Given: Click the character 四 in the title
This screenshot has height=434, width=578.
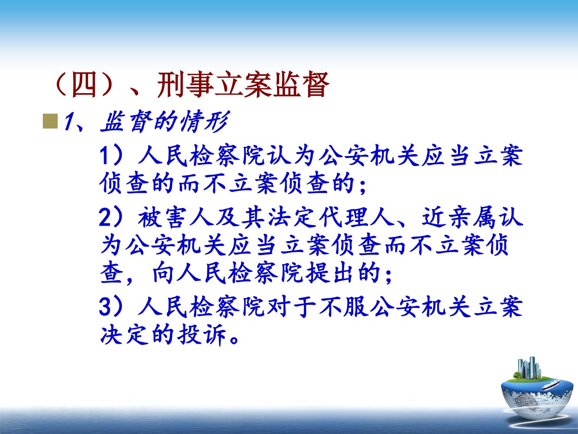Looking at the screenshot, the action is [84, 85].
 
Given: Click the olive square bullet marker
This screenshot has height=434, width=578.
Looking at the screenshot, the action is [50, 121].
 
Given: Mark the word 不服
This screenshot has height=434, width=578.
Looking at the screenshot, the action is [344, 307].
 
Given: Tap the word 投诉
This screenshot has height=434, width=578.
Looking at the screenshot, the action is [201, 335].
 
